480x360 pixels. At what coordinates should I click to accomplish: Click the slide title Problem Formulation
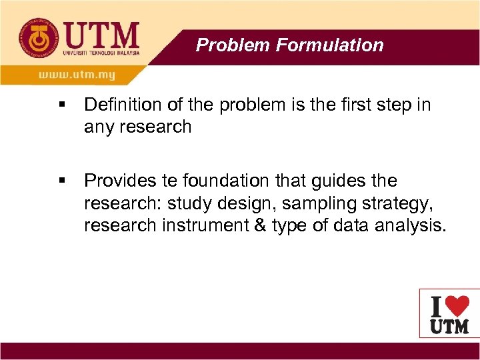click(x=289, y=45)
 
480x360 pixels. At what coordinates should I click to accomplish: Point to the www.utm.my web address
click(x=77, y=75)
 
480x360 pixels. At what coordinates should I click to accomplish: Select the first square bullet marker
click(x=62, y=105)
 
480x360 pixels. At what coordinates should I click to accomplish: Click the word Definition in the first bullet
click(x=117, y=105)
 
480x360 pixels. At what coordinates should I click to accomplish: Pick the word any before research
click(x=99, y=127)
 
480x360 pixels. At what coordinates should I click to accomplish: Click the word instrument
click(x=205, y=225)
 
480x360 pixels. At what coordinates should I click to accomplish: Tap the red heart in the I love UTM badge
click(x=457, y=306)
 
